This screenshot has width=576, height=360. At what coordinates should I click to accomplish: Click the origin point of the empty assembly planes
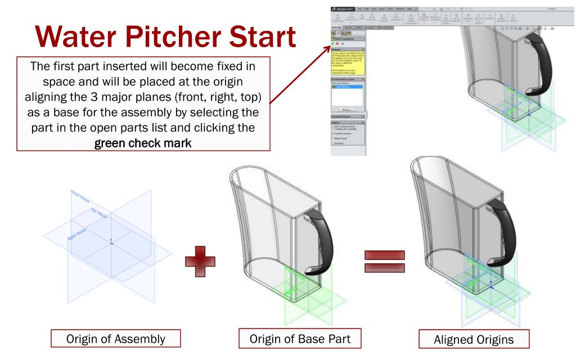pyautogui.click(x=112, y=242)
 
